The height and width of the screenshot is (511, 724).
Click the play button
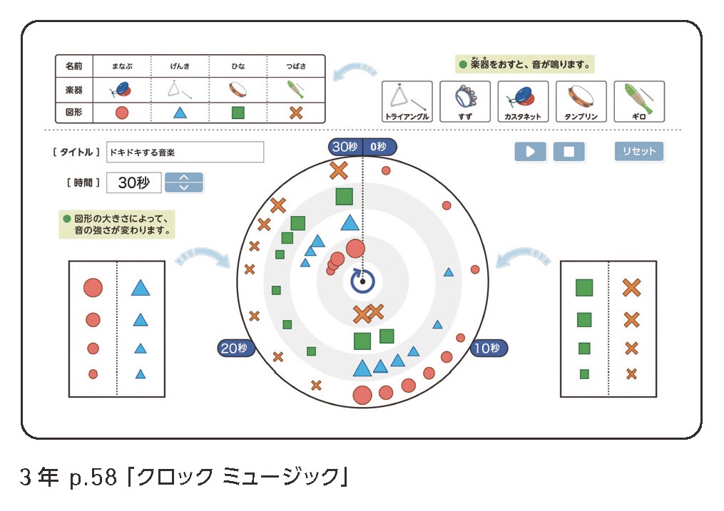[530, 152]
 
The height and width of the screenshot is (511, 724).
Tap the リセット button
[638, 151]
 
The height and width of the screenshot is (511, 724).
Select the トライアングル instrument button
[407, 101]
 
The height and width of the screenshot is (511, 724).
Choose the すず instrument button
[465, 101]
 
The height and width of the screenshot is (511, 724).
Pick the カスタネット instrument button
[523, 101]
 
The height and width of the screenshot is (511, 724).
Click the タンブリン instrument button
[581, 101]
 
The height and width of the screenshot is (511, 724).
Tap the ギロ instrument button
[638, 101]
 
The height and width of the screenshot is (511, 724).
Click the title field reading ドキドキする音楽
[185, 152]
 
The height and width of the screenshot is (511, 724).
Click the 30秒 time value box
[134, 182]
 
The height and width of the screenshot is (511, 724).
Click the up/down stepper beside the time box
[184, 182]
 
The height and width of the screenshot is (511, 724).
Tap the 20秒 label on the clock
[234, 349]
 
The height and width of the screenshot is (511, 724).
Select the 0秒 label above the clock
[379, 147]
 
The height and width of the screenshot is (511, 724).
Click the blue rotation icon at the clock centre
[362, 282]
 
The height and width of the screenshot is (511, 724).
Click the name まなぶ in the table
[121, 66]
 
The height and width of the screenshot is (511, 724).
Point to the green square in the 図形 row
[238, 112]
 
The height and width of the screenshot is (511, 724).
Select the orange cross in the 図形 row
[295, 112]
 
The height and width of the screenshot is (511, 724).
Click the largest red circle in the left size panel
[93, 288]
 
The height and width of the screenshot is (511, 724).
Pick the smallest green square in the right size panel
[584, 373]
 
